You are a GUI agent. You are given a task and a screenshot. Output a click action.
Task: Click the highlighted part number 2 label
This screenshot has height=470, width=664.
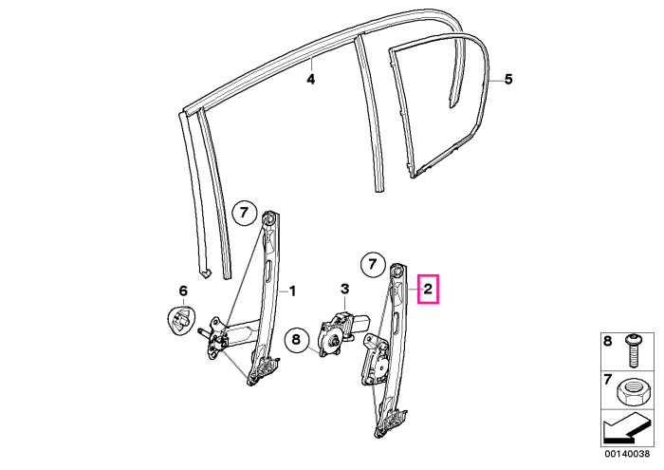pyautogui.click(x=428, y=290)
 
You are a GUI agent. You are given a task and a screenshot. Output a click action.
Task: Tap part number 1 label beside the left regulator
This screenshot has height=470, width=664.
pyautogui.click(x=292, y=291)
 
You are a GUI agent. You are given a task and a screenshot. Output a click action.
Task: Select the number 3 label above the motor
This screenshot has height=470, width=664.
pyautogui.click(x=345, y=289)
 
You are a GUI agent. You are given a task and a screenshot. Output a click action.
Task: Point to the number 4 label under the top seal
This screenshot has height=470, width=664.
pyautogui.click(x=311, y=79)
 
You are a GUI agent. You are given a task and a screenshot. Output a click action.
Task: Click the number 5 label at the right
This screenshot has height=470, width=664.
pyautogui.click(x=508, y=79)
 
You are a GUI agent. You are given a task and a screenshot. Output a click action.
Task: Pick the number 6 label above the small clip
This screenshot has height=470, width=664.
pyautogui.click(x=183, y=291)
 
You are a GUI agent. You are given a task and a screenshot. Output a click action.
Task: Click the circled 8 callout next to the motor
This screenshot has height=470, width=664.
pyautogui.click(x=296, y=339)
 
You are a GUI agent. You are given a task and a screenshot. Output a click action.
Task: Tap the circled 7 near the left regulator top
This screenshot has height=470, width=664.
pyautogui.click(x=245, y=213)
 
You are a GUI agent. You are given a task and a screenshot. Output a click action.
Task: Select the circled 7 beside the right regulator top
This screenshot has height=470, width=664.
pyautogui.click(x=372, y=265)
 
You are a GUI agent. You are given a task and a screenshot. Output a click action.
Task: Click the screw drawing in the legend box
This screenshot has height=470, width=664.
pyautogui.click(x=633, y=351)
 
